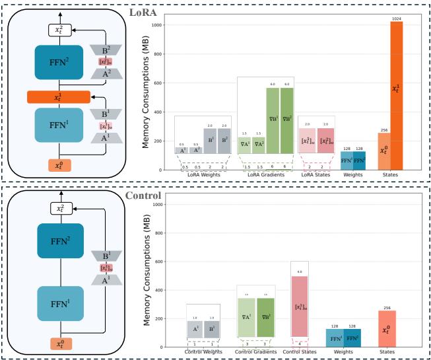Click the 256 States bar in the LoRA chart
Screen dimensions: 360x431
[x=384, y=151]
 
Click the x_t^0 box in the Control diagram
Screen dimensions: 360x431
[x=60, y=343]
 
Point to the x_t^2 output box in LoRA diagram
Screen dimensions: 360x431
[x=60, y=30]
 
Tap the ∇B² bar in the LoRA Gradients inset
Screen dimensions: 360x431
[x=286, y=120]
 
